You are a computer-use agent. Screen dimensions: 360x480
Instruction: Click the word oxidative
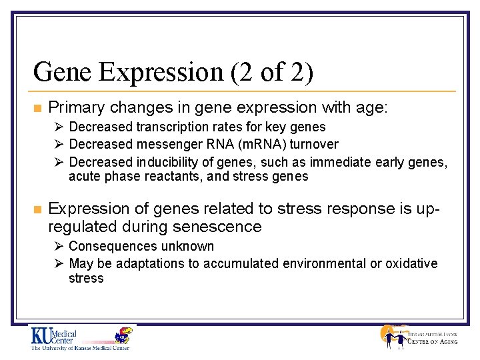(411, 263)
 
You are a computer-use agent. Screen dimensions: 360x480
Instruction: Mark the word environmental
(320, 263)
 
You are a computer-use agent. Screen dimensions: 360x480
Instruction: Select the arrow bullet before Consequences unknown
(59, 246)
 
